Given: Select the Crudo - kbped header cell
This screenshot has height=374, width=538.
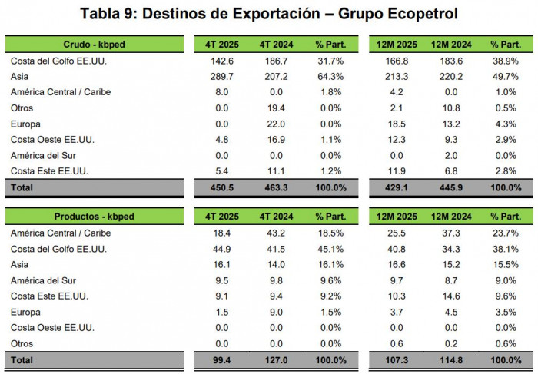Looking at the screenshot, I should click(x=95, y=45).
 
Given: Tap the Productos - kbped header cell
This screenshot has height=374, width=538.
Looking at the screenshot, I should click(x=95, y=217).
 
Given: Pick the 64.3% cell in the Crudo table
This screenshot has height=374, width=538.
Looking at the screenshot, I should click(x=330, y=76).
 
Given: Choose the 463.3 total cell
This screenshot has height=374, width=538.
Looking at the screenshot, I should click(x=274, y=187).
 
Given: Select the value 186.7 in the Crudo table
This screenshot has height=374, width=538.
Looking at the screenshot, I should click(x=274, y=61).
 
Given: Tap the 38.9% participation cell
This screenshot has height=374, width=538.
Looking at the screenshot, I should click(x=505, y=61).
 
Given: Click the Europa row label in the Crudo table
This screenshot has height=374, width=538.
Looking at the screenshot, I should click(x=25, y=124).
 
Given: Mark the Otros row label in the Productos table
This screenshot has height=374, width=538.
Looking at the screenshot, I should click(x=22, y=343).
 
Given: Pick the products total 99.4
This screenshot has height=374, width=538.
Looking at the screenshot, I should click(x=221, y=359).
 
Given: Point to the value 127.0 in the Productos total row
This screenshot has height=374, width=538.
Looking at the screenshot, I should click(x=274, y=359).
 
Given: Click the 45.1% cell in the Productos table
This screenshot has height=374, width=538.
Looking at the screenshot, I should click(x=330, y=249).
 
